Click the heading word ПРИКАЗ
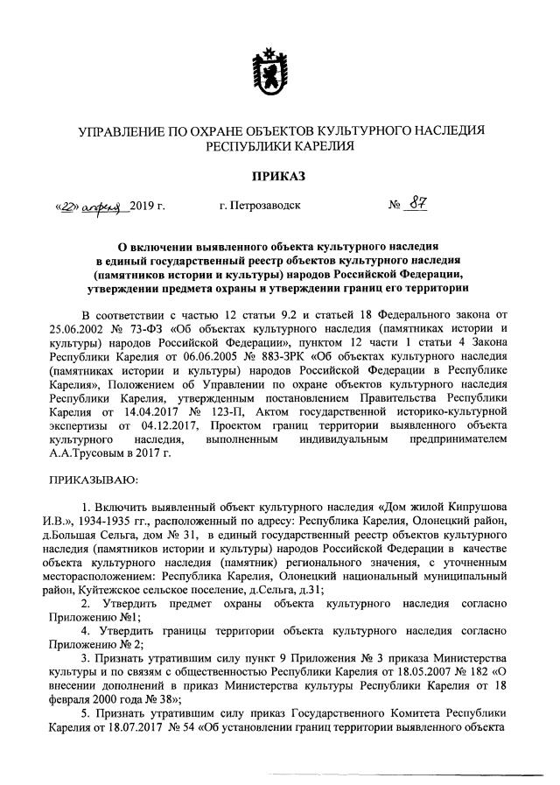click(x=279, y=176)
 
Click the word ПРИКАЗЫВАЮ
click(x=94, y=479)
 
